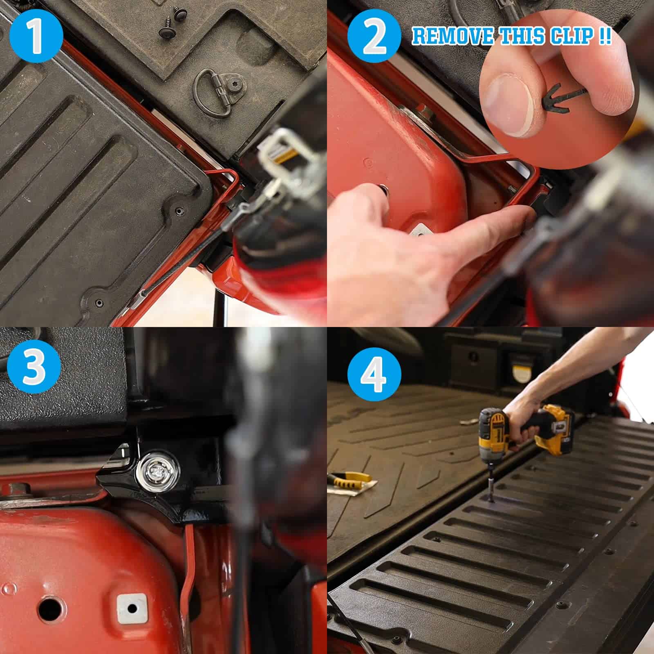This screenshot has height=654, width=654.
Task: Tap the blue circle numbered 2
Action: point(374,36)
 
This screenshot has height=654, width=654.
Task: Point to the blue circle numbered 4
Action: point(374,374)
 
